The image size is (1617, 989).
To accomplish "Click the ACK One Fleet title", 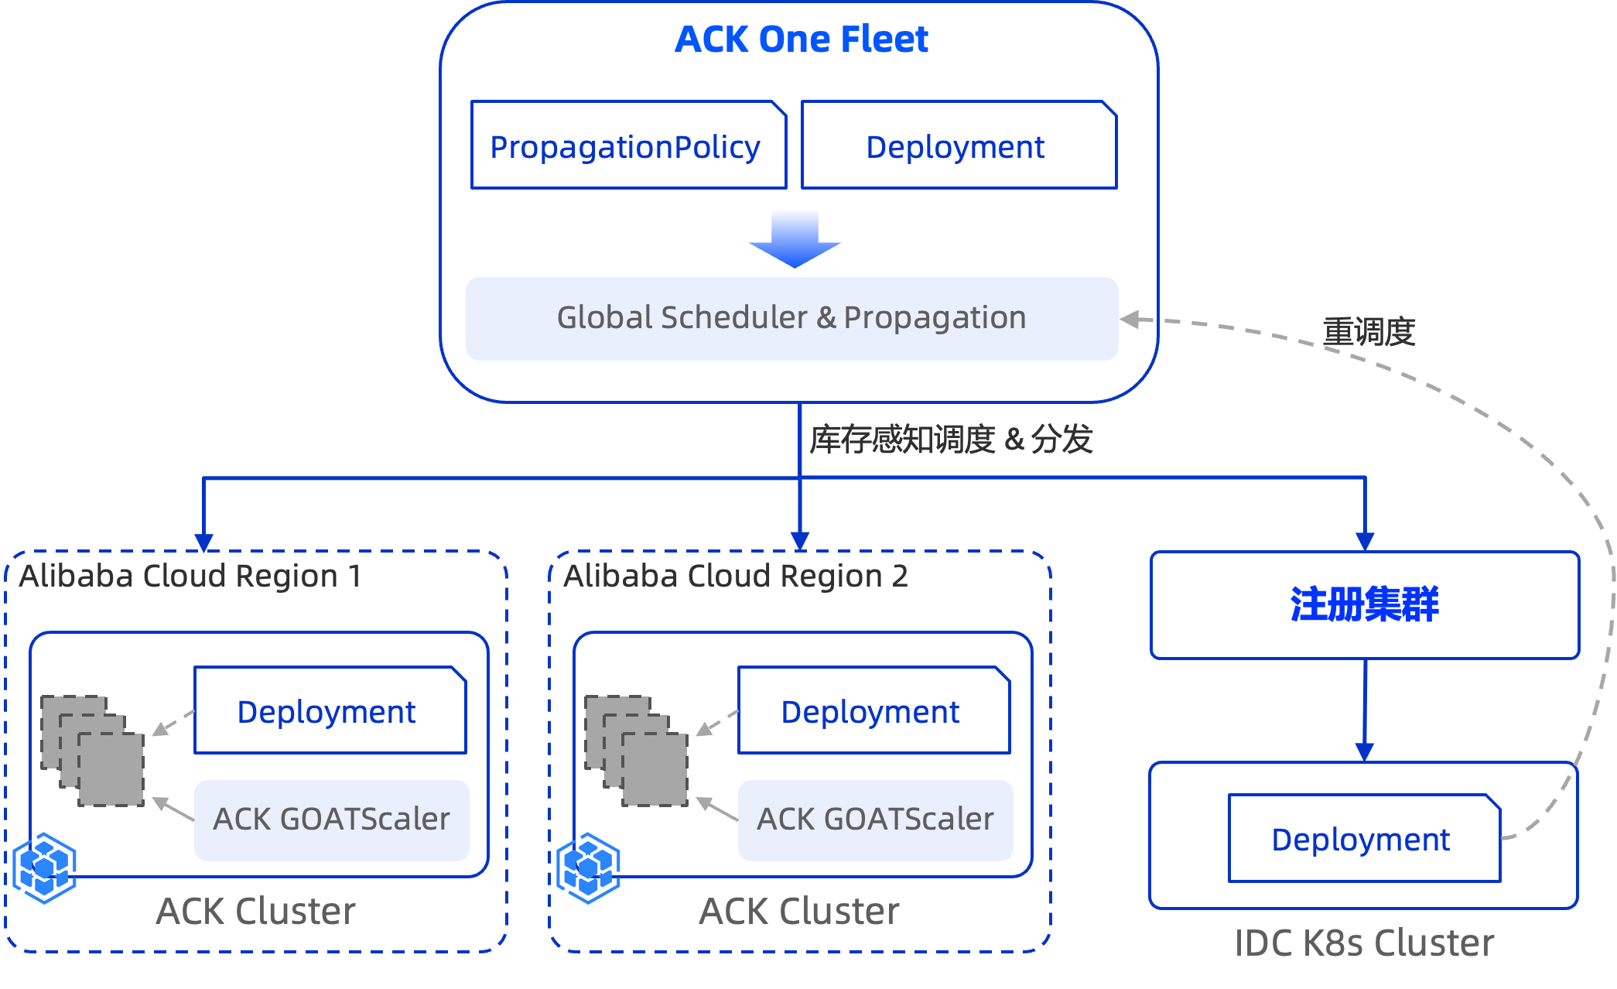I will pyautogui.click(x=801, y=39).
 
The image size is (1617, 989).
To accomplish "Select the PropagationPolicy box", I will pyautogui.click(x=628, y=145).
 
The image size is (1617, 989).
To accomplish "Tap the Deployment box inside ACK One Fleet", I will pyautogui.click(x=959, y=145).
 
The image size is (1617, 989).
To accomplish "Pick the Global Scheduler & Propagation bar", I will pyautogui.click(x=791, y=318).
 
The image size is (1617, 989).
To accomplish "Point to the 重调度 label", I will pyautogui.click(x=1369, y=332).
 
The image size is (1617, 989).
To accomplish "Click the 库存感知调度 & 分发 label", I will pyautogui.click(x=951, y=440).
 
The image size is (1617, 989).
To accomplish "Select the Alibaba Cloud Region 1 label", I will pyautogui.click(x=190, y=577).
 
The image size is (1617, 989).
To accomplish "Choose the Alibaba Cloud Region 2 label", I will pyautogui.click(x=735, y=577).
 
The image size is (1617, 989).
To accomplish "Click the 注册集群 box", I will pyautogui.click(x=1364, y=604).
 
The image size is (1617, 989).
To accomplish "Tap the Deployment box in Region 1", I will pyautogui.click(x=330, y=710).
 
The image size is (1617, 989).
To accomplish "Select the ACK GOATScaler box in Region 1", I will pyautogui.click(x=331, y=820).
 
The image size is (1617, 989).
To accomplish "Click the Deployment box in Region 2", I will pyautogui.click(x=873, y=710).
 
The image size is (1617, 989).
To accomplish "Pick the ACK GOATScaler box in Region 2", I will pyautogui.click(x=875, y=820).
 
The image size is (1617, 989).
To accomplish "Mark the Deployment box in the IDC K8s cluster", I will pyautogui.click(x=1363, y=839).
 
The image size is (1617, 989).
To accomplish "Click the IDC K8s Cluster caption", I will pyautogui.click(x=1364, y=943).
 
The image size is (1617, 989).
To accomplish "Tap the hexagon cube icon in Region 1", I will pyautogui.click(x=45, y=868).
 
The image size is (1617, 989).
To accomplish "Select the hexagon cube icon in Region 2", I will pyautogui.click(x=589, y=868).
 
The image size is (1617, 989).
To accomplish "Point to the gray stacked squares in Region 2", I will pyautogui.click(x=637, y=751).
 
